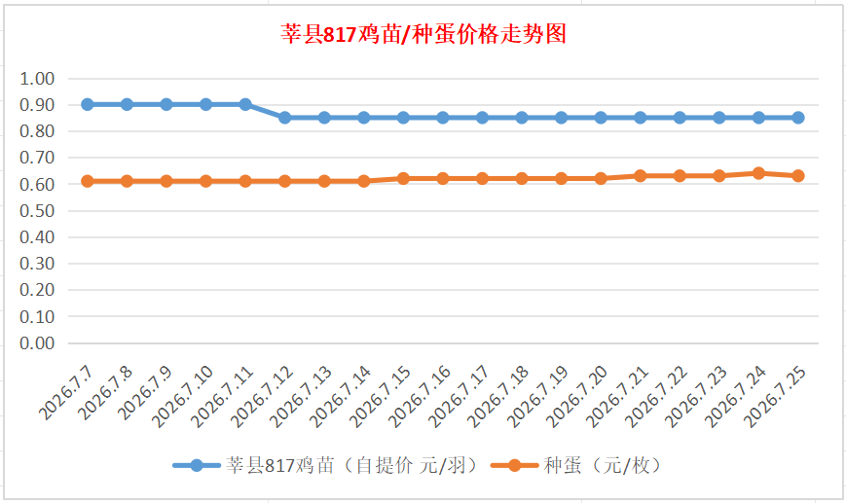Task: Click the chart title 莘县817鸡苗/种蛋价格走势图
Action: [423, 34]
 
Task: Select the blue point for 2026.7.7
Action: [88, 105]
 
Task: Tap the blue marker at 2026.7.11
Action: [245, 105]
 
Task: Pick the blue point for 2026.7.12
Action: [285, 118]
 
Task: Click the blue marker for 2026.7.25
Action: [798, 118]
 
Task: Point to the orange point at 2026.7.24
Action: [758, 173]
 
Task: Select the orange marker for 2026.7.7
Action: [88, 181]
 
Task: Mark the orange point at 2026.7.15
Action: [403, 178]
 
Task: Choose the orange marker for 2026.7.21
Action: [640, 176]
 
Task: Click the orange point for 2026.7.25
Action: [798, 176]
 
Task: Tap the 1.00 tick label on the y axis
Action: [37, 79]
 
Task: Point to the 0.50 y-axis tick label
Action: [37, 211]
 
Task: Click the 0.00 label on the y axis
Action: [37, 342]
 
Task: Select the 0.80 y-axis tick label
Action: [37, 131]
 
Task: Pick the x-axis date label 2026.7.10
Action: [183, 396]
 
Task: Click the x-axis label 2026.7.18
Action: [498, 396]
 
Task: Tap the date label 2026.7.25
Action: [775, 396]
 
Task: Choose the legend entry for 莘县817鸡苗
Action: [327, 465]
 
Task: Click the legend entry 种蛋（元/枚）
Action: [577, 465]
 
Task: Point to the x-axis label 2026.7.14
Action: [341, 396]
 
